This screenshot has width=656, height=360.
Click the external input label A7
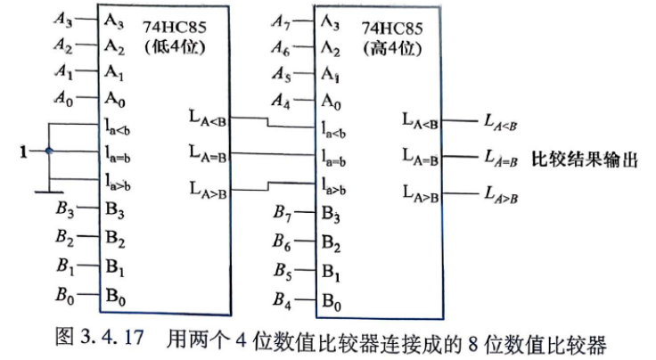click(281, 20)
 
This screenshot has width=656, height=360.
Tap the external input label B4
click(282, 299)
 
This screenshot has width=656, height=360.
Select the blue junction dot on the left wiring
click(49, 151)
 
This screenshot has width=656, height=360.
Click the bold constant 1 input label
click(23, 151)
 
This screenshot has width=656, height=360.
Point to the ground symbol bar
click(49, 192)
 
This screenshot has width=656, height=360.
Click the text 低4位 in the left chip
click(175, 47)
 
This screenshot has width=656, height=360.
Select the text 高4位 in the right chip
click(392, 48)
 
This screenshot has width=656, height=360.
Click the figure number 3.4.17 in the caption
click(111, 337)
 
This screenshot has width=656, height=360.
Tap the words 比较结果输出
click(585, 160)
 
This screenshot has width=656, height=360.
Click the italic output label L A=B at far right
click(501, 158)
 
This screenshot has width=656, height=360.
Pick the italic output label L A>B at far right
click(501, 194)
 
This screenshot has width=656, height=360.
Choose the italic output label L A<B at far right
click(500, 122)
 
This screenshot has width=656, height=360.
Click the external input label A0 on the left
click(64, 98)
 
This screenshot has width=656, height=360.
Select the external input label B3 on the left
click(65, 209)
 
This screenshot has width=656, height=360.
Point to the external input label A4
click(281, 101)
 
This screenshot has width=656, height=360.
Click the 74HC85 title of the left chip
click(175, 27)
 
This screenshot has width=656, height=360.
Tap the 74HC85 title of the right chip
click(392, 29)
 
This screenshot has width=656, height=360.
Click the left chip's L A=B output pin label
click(208, 152)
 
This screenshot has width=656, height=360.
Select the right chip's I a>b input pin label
click(333, 186)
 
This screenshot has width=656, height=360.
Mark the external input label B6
click(282, 241)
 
